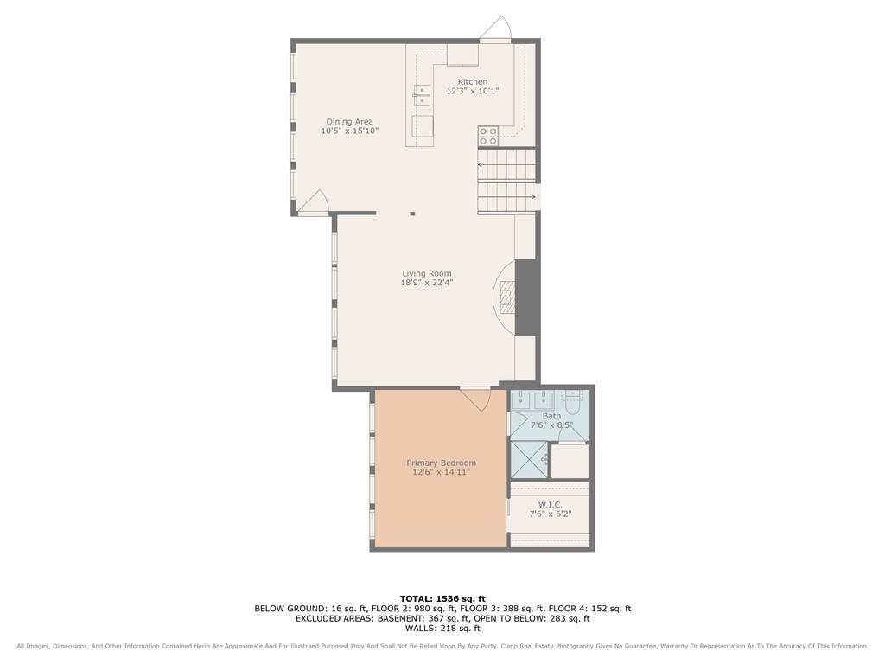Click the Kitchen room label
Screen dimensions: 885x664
click(x=473, y=82)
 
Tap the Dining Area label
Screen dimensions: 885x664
click(x=349, y=121)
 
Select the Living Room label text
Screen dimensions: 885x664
click(x=427, y=273)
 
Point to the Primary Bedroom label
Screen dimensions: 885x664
click(x=442, y=463)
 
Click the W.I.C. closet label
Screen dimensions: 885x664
click(x=550, y=504)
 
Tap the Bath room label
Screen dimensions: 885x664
click(x=551, y=416)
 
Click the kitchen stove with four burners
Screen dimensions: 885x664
click(x=488, y=136)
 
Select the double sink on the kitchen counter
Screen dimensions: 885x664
click(x=422, y=95)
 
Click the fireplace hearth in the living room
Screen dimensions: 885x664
click(x=506, y=298)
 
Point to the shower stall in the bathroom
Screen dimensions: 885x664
click(x=529, y=460)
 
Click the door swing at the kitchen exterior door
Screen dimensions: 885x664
click(x=496, y=29)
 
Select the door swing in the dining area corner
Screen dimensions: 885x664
click(x=313, y=202)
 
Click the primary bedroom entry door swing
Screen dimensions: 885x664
click(x=476, y=398)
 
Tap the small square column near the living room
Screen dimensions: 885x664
click(x=412, y=214)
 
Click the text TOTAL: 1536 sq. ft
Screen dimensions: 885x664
click(x=442, y=598)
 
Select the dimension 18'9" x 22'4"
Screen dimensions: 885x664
click(x=427, y=283)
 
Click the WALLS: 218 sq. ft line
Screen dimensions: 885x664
click(x=442, y=628)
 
